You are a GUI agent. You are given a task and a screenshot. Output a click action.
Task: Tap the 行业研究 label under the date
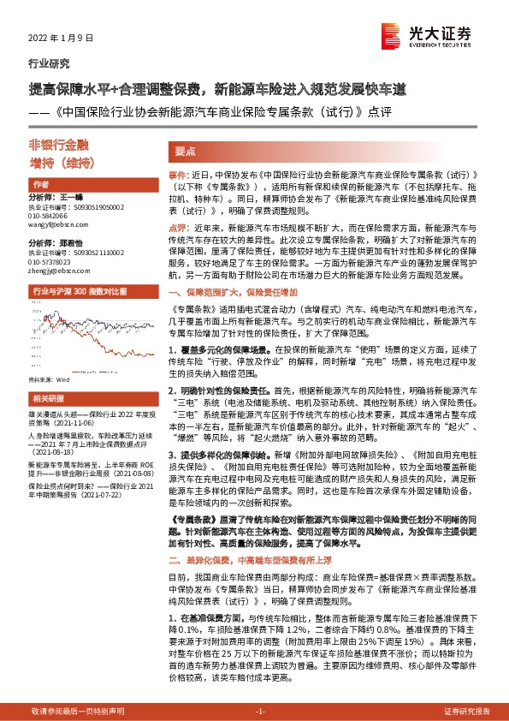point(50,64)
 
